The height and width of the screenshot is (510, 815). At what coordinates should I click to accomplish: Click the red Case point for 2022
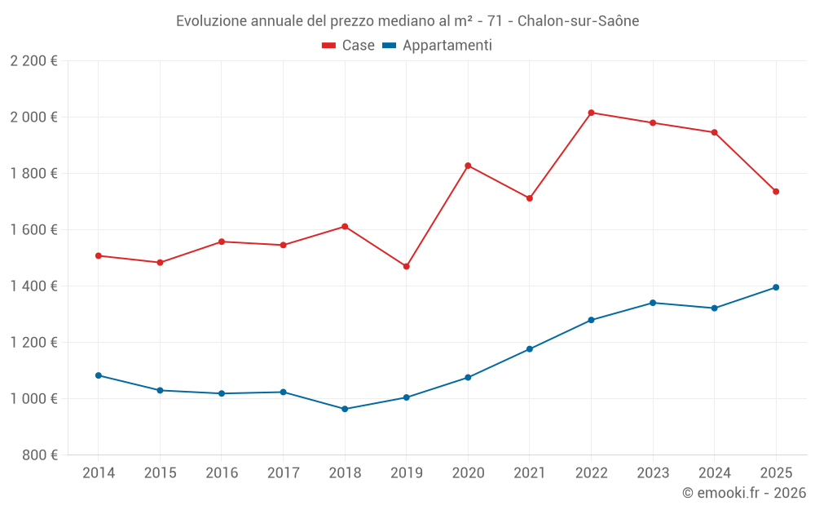[x=591, y=113]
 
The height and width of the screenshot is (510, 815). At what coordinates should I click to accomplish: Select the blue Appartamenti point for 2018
[x=345, y=409]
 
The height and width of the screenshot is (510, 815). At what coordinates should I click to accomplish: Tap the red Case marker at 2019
[x=406, y=266]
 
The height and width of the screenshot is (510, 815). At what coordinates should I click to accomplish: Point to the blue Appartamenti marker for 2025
[x=776, y=287]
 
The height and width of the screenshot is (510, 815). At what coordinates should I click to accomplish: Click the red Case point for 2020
[x=468, y=166]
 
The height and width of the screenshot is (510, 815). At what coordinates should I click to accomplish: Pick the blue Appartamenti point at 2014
[x=99, y=375]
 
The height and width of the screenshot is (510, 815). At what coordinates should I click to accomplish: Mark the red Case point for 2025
[x=776, y=192]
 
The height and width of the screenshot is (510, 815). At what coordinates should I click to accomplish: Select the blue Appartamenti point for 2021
[x=530, y=349]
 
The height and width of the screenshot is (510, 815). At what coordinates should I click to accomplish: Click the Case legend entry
[x=349, y=46]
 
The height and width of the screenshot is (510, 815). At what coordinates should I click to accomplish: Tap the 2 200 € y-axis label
[x=34, y=61]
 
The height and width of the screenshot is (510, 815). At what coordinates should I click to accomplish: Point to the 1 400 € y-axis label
[x=34, y=286]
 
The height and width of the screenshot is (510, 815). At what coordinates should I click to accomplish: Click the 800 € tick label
[x=39, y=455]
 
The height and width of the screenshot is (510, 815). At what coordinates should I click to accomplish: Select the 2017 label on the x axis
[x=283, y=473]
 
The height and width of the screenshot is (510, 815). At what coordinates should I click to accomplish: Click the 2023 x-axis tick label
[x=653, y=473]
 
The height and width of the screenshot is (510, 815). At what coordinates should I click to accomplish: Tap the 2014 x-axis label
[x=99, y=473]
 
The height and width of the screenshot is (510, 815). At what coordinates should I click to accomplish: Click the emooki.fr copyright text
[x=744, y=493]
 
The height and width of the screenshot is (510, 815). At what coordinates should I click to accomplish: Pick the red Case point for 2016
[x=222, y=242]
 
